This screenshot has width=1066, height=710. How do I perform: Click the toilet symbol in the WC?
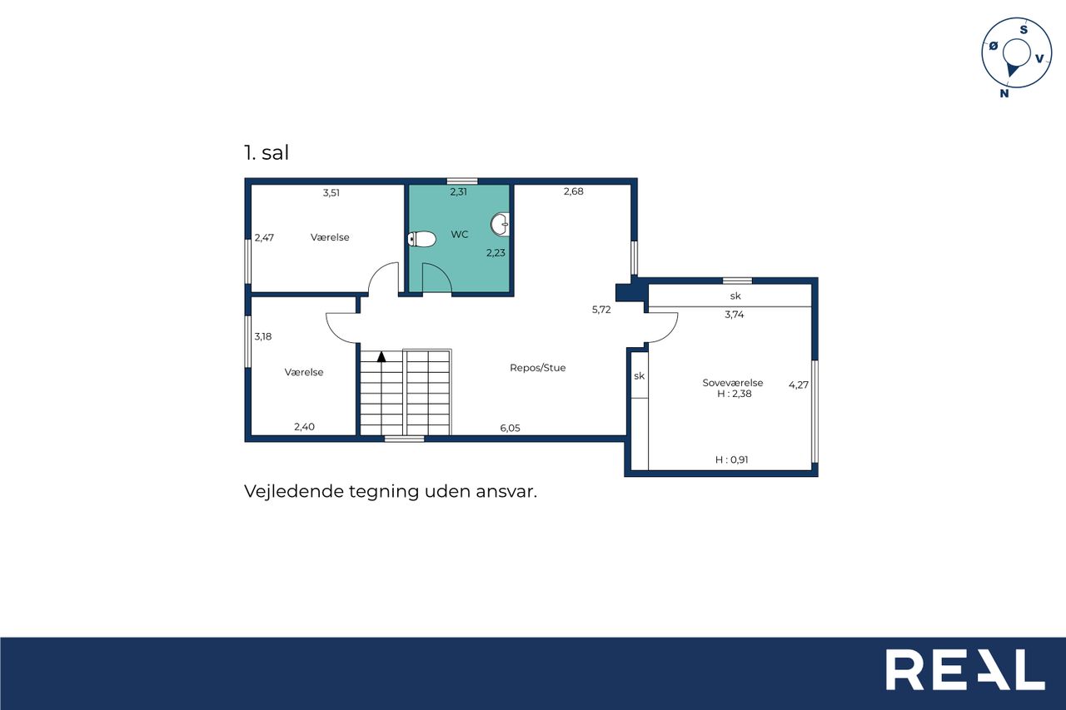(x=421, y=239)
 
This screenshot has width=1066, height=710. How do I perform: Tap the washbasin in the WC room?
(x=501, y=225)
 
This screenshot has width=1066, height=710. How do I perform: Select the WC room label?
(x=459, y=235)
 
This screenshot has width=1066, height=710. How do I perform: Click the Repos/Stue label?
(x=538, y=368)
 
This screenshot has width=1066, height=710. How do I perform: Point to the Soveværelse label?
(x=732, y=383)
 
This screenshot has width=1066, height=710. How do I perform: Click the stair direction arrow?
(x=381, y=356)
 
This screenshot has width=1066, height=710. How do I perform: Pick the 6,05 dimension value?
(x=510, y=428)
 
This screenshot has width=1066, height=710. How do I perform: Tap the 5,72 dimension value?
(x=601, y=310)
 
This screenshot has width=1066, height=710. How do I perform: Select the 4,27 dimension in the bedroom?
(x=799, y=385)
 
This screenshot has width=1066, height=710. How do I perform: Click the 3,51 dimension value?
(x=331, y=193)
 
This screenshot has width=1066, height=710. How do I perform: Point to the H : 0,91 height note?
(x=731, y=459)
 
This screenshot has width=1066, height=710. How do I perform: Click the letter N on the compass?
(x=1004, y=94)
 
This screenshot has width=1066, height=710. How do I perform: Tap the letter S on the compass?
(x=1024, y=30)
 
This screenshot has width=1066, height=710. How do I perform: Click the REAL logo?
(x=965, y=669)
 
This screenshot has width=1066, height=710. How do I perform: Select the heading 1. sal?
(x=266, y=152)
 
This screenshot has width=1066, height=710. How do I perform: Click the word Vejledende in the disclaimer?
(x=294, y=491)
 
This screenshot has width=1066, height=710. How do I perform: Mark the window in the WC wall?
(x=462, y=181)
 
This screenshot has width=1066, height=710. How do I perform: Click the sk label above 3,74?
(x=735, y=295)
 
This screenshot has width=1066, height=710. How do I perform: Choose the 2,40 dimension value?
(x=304, y=427)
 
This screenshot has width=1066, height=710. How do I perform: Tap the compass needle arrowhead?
(x=1012, y=71)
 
